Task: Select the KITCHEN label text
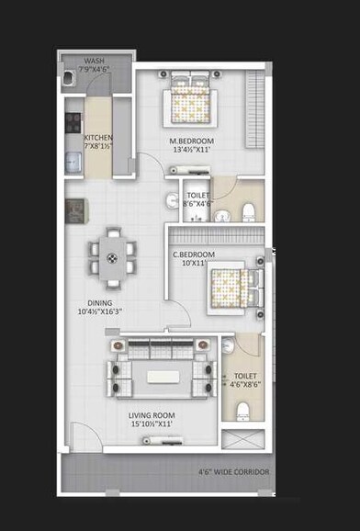98,137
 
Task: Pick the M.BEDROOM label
191,141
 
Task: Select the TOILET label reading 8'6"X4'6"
197,196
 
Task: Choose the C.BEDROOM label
194,254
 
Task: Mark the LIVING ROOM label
152,415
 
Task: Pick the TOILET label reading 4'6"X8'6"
244,376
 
